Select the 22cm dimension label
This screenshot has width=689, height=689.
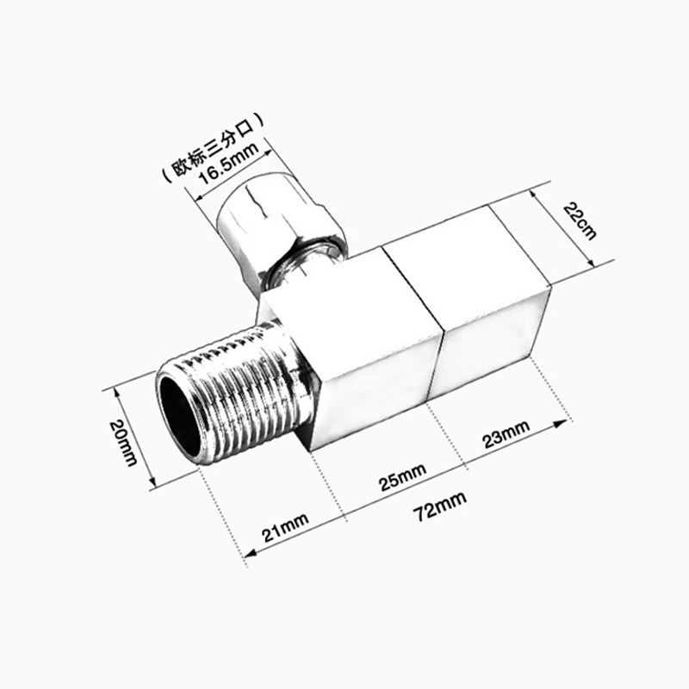(x=580, y=220)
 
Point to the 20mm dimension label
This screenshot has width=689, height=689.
(x=124, y=443)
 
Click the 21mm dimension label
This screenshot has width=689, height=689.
(x=285, y=528)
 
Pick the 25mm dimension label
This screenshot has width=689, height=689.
(x=402, y=477)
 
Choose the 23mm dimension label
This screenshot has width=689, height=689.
(x=506, y=434)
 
